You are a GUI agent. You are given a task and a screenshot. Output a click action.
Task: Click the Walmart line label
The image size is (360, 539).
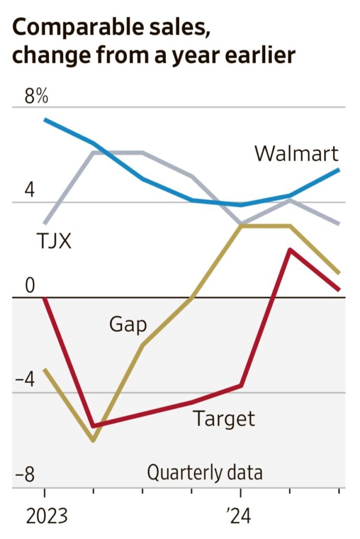296,154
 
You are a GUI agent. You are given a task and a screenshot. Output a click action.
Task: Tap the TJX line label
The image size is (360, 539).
54,241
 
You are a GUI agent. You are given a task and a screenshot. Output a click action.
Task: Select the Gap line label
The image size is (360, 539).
128,324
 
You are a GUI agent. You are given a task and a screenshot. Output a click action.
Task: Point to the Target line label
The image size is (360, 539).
224,418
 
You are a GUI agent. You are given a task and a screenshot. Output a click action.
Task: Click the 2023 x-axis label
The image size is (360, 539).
47,516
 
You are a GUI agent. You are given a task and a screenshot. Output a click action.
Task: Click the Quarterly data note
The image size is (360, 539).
204,472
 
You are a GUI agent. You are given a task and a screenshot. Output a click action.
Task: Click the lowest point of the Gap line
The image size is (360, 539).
93,440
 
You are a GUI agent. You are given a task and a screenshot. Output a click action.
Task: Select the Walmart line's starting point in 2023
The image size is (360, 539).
45,119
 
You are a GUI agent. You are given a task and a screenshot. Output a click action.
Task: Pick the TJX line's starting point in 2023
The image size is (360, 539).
45,223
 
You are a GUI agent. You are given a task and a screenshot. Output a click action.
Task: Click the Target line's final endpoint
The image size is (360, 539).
338,289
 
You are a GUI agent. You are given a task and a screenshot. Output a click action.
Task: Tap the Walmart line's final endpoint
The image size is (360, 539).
338,169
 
